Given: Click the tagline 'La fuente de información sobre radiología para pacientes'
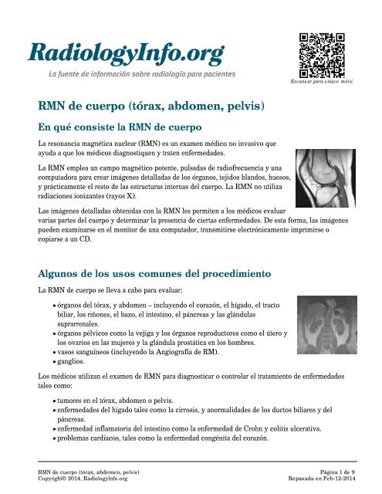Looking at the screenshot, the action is (x=142, y=73).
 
